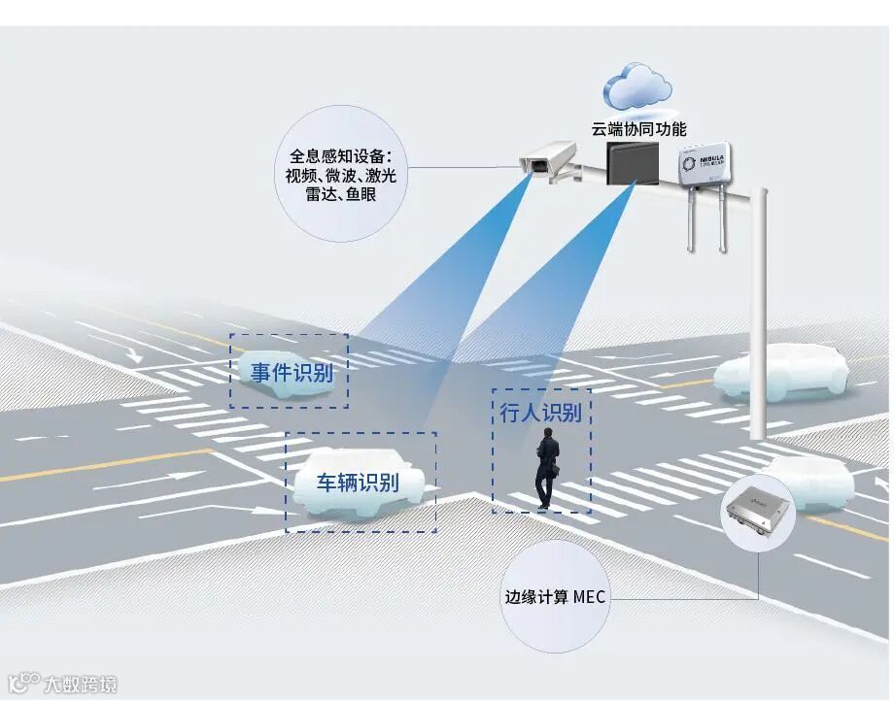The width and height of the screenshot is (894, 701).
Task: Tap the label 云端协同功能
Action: pos(638,129)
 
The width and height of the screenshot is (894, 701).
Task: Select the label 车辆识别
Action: pos(358,482)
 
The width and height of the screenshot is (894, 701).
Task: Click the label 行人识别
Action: pos(541,412)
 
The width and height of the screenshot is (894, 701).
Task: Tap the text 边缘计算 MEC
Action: pos(555,597)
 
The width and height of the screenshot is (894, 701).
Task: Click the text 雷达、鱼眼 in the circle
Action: pos(340,194)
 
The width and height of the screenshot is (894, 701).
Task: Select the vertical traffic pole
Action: pos(760,311)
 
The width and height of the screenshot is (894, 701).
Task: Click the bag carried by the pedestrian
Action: pos(558,470)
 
